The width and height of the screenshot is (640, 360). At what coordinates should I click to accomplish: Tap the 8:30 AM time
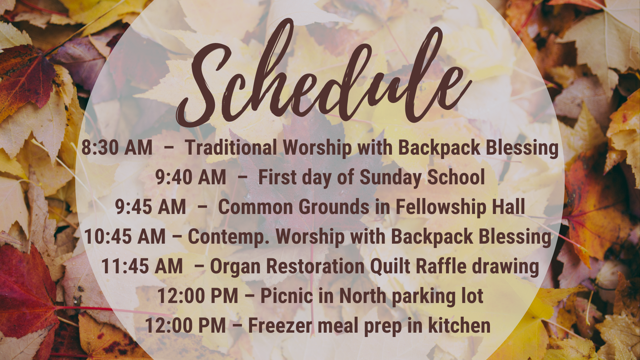(117, 147)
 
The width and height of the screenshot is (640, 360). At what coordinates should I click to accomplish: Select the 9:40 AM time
(191, 177)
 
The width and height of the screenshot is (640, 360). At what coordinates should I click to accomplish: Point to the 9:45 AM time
(150, 207)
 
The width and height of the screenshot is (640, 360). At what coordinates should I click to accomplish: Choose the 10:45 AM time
(125, 236)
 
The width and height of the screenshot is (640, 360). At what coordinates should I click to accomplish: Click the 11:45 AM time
(142, 266)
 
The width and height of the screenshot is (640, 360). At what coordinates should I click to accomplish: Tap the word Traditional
(231, 147)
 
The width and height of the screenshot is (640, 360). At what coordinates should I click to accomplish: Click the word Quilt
(390, 266)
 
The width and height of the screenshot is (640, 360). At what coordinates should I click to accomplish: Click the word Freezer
(280, 326)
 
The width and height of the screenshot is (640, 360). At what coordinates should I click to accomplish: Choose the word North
(363, 296)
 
